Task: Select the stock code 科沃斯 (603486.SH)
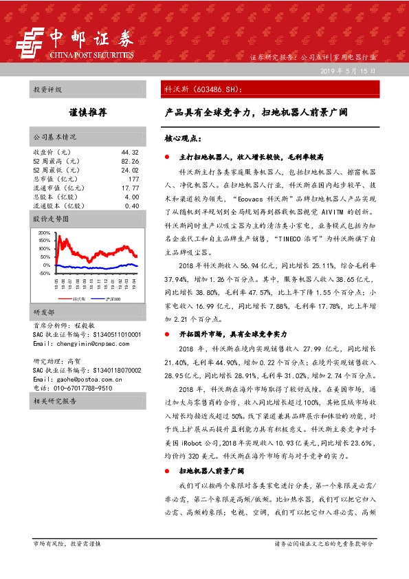[202, 89]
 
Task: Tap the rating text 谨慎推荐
[87, 111]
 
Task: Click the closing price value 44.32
[129, 152]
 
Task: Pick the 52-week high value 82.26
[129, 161]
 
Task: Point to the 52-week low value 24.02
[129, 170]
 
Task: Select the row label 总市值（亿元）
[54, 179]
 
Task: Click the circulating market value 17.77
[130, 188]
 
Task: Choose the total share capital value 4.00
[131, 197]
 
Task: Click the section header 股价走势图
[52, 219]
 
